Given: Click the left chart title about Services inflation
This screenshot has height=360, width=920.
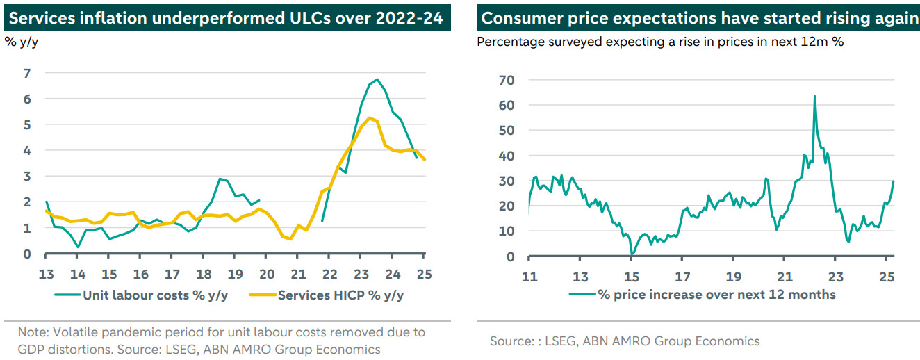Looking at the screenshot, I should pos(224,17).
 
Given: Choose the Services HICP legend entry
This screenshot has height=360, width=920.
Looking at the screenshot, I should pos(340,295).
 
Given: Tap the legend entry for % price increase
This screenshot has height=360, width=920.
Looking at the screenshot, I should pos(716,294).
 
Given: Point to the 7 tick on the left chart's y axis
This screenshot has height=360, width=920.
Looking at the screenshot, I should pos(27,73).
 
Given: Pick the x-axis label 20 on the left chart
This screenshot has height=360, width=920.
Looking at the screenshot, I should pos(267,273).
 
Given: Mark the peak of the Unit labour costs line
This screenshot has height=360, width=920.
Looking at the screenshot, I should pos(376,79).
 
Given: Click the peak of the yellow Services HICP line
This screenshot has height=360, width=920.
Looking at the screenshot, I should pos(370,117).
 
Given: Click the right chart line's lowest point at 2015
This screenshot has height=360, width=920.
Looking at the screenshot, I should pos(631,254).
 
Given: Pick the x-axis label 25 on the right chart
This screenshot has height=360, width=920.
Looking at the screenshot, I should pos(886,276).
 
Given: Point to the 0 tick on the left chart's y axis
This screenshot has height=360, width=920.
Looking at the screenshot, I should pos(27,254).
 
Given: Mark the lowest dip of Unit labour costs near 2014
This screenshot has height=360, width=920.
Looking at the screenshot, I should pos(78,247).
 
